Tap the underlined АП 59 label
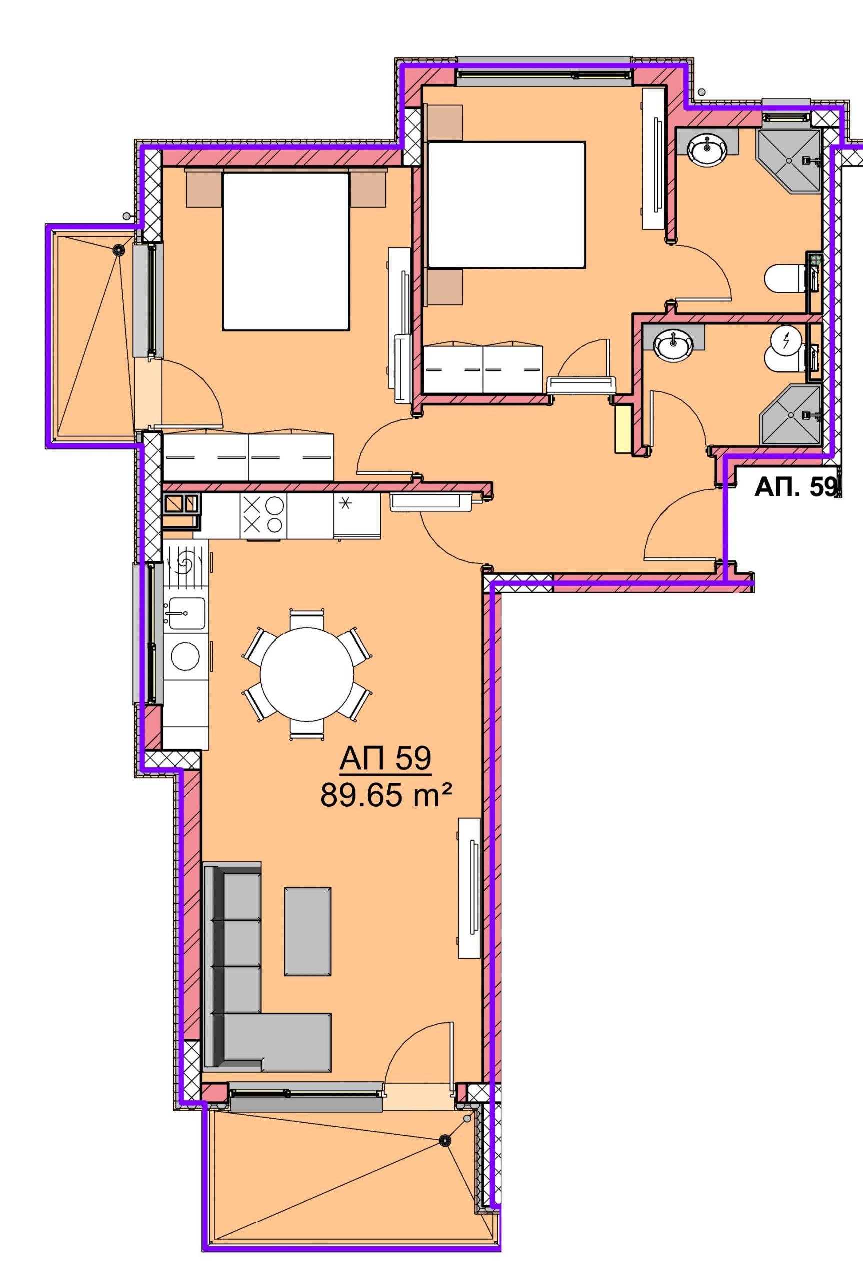pyautogui.click(x=385, y=759)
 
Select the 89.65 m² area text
pyautogui.click(x=386, y=794)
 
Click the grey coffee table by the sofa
pyautogui.click(x=308, y=931)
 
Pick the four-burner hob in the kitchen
pyautogui.click(x=263, y=516)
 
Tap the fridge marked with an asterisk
pyautogui.click(x=356, y=516)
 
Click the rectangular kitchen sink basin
pyautogui.click(x=186, y=613)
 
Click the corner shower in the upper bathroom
pyautogui.click(x=788, y=161)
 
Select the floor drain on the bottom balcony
pyautogui.click(x=444, y=1140)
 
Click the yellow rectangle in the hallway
pyautogui.click(x=623, y=430)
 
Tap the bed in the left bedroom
pyautogui.click(x=286, y=251)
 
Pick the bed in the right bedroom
pyautogui.click(x=506, y=205)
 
